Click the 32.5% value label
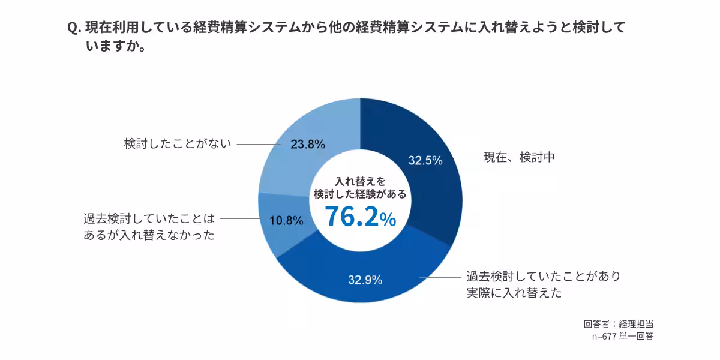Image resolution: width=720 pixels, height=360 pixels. pos(425,160)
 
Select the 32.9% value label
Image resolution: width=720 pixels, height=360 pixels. pos(365,279)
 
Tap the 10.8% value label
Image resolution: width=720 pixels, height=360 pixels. pos(286,220)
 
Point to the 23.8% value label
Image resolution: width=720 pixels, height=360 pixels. pos(308,144)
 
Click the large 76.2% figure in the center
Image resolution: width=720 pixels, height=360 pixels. pos(352,217)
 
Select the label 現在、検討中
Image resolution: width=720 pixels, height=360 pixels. pos(519,158)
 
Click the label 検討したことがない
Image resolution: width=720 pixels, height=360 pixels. pos(178,144)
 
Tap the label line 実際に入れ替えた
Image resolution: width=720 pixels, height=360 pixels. pos(514,293)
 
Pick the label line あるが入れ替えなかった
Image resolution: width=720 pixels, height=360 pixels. pos(149,235)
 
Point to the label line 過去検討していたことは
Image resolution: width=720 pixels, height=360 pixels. pos(149,218)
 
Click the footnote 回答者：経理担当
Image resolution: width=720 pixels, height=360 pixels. pos(618,324)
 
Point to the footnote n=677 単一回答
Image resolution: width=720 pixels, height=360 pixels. pos(622,337)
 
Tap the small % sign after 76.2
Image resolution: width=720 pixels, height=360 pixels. pos(388,220)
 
